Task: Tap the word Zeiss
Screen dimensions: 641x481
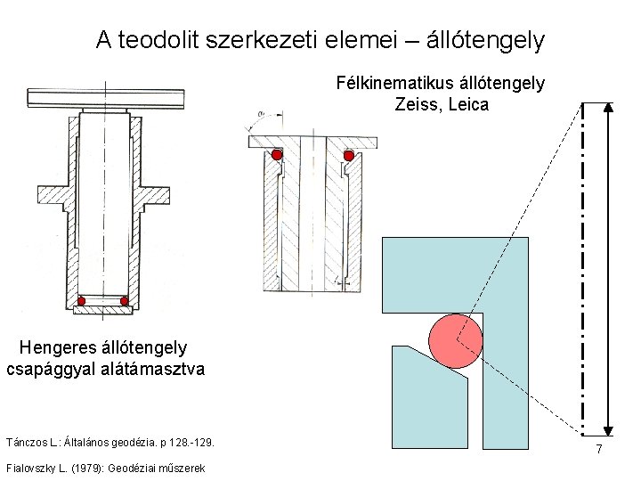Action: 415,105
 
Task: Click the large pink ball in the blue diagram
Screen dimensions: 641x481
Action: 455,340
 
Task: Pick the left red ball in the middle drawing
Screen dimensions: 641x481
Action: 277,155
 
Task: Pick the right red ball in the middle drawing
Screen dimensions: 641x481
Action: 349,155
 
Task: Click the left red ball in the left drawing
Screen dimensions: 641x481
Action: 81,301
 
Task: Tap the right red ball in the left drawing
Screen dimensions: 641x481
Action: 125,301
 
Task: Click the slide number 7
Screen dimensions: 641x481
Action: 600,451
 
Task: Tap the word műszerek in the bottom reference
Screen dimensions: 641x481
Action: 182,469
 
